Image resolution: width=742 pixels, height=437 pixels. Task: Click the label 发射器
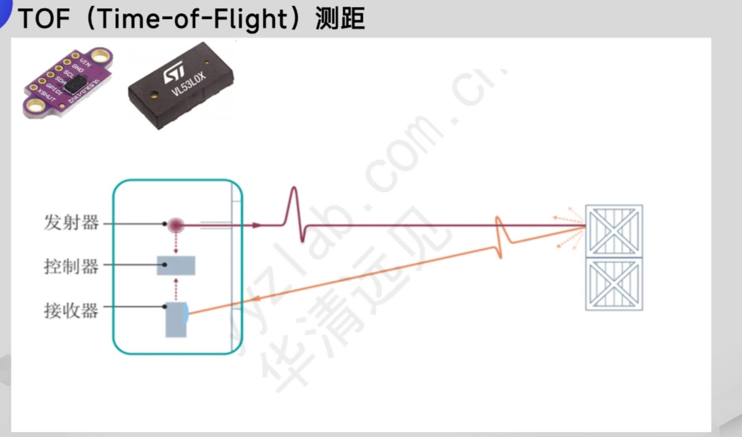coord(71,224)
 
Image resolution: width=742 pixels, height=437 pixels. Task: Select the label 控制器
coord(71,267)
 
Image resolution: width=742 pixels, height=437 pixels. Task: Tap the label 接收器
coord(71,310)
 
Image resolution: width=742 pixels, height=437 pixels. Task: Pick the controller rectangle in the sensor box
coord(176,265)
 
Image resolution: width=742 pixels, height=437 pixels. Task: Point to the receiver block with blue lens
coord(176,319)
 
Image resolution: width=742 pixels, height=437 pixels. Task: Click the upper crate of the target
coord(613,231)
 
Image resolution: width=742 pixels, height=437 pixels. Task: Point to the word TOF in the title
coord(42,18)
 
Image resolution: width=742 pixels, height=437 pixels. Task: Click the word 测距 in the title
coord(340,18)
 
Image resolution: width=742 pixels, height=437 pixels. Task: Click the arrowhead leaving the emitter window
coord(256,224)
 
